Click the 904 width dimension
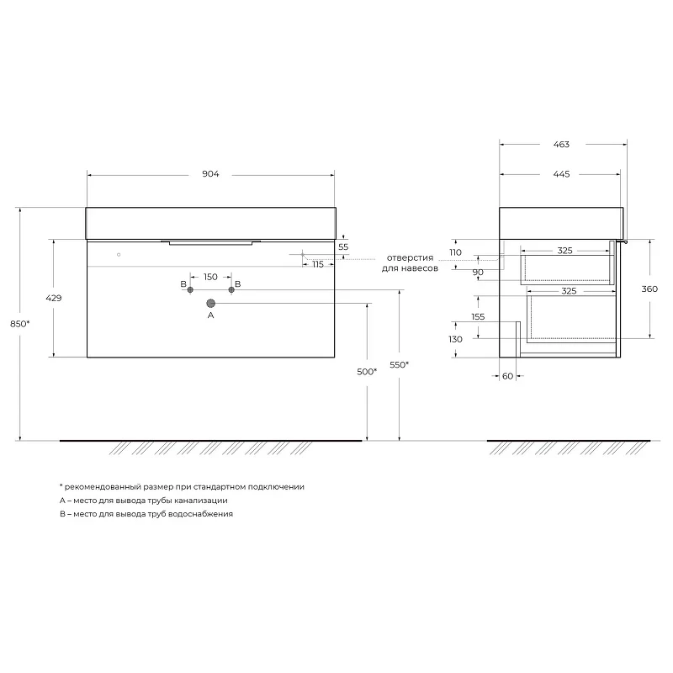point(210,174)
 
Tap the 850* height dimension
point(19,324)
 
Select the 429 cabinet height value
point(54,298)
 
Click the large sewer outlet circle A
point(211,304)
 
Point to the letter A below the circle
point(211,315)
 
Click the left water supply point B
point(190,289)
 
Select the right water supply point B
point(231,289)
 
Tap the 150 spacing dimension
point(210,277)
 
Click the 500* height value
point(367,372)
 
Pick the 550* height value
point(399,365)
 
